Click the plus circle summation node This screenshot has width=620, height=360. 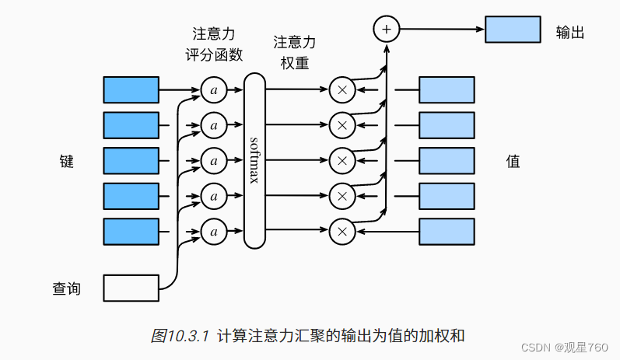[x=386, y=30]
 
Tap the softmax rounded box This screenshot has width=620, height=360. [x=254, y=161]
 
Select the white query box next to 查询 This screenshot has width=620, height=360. [x=131, y=288]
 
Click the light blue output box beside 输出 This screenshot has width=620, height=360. [x=513, y=30]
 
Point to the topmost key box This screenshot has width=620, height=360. [x=131, y=90]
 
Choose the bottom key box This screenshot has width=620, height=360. [x=131, y=231]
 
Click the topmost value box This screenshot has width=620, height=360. [x=447, y=90]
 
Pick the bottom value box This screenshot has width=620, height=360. [x=447, y=231]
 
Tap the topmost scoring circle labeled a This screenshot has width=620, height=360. [x=213, y=90]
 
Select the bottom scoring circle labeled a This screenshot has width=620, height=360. [x=213, y=231]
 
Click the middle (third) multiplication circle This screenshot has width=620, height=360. [x=341, y=161]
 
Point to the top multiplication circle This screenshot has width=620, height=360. [x=341, y=90]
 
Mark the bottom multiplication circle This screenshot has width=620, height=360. [x=341, y=231]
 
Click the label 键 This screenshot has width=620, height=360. [x=67, y=162]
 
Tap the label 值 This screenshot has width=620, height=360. [x=513, y=162]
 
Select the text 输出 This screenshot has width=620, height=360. [x=569, y=32]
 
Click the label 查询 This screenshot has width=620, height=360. [x=67, y=289]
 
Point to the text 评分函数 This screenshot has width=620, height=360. [x=214, y=55]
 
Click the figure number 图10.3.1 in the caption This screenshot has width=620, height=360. [x=180, y=336]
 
